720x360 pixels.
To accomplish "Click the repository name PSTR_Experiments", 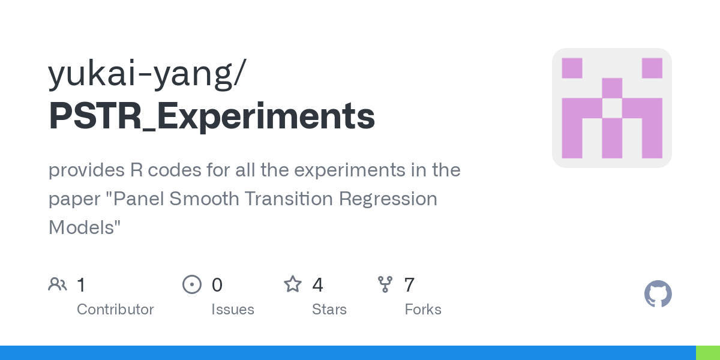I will coord(212,116).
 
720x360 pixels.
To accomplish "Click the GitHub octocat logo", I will coord(658,294).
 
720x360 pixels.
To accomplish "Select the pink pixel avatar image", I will coord(611,108).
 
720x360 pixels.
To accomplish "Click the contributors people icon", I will coord(58,284).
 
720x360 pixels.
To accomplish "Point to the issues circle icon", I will coord(191,284).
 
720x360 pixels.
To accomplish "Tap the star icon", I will coord(293,284).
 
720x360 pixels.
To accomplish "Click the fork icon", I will coord(385,284).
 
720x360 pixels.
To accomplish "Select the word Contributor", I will coord(115,310).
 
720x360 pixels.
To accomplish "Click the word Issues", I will coord(233,310).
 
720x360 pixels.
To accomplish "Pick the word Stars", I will coord(329,310).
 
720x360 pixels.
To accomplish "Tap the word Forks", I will coord(423,310).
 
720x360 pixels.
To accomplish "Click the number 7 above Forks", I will coord(409,285).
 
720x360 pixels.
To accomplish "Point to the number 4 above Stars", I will coord(317,285).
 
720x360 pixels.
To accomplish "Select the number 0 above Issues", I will coord(217,285).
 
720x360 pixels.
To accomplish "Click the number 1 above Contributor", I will coord(82,285).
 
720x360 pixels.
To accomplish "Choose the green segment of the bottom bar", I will coord(707,353).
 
